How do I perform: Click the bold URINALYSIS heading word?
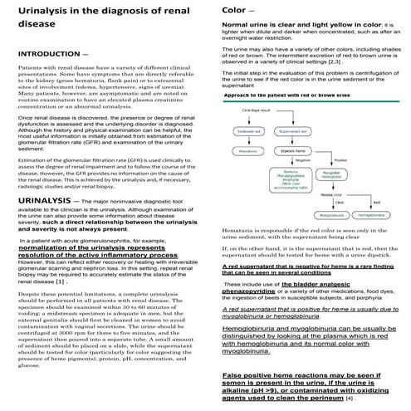(x=50, y=201)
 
